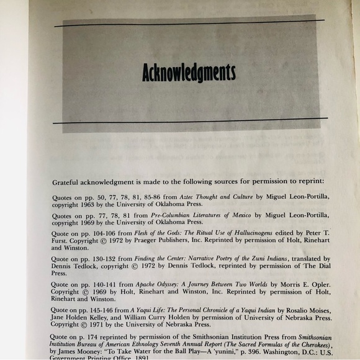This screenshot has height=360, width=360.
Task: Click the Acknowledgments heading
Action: [189, 73]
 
